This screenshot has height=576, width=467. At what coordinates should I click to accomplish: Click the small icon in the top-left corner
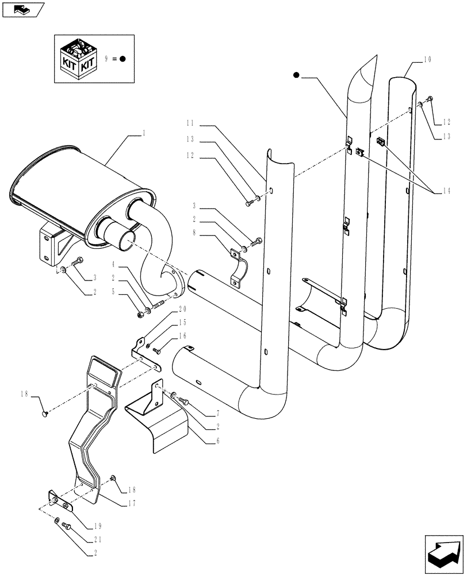22,9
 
